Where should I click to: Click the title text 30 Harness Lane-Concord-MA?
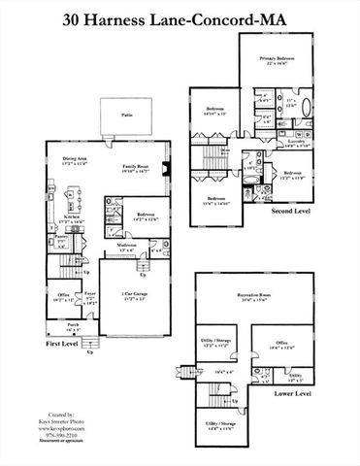coord(180,17)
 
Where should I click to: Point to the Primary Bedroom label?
coord(276,58)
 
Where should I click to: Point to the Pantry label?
coord(60,236)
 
